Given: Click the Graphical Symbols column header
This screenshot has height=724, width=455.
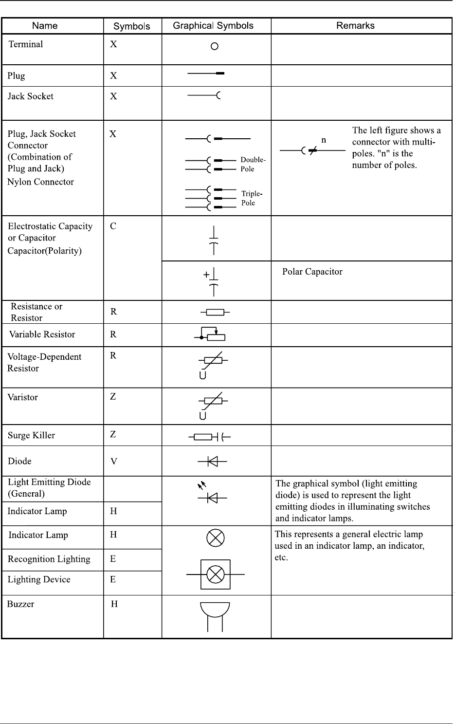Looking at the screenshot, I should click(213, 26).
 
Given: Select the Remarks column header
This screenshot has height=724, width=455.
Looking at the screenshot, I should click(355, 26).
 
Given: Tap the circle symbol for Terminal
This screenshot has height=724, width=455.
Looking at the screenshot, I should click(214, 47).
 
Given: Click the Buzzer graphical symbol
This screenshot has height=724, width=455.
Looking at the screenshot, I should click(215, 616).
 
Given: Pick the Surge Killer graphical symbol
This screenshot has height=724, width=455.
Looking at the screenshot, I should click(210, 437).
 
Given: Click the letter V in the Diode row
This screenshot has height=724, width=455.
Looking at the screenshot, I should click(113, 461).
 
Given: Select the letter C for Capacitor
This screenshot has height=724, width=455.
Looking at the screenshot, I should click(113, 226).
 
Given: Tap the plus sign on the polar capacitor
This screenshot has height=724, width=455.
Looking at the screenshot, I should click(206, 275).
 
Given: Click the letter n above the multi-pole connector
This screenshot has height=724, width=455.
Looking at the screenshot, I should click(324, 140).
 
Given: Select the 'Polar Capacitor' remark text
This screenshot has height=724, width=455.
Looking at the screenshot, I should click(312, 272).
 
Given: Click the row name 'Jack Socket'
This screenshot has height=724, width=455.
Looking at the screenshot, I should click(30, 96).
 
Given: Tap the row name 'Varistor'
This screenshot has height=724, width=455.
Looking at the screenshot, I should click(22, 397).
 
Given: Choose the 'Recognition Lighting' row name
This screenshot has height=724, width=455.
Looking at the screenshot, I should click(49, 559).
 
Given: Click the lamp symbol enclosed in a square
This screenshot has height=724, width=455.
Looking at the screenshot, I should click(216, 575).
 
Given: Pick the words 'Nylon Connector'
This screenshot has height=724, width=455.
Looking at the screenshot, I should click(40, 182).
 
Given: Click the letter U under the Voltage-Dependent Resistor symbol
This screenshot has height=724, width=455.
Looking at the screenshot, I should click(203, 375).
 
